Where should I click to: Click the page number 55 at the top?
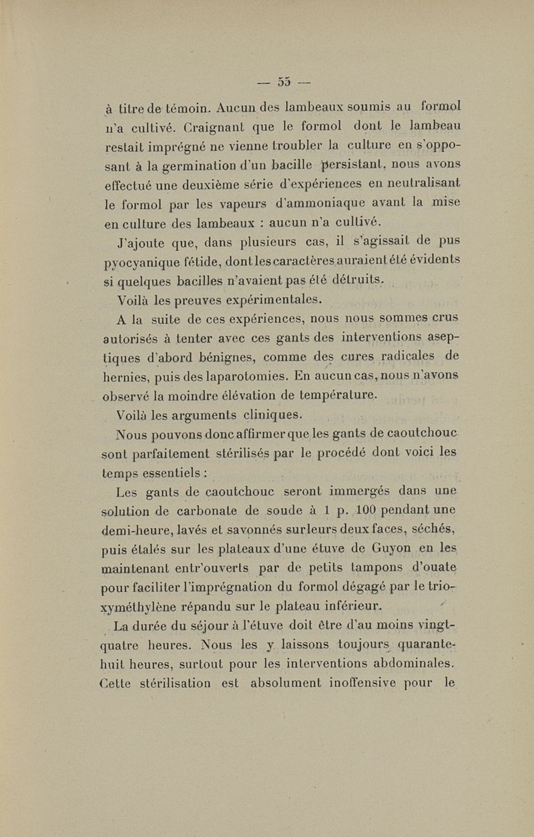(280, 83)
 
